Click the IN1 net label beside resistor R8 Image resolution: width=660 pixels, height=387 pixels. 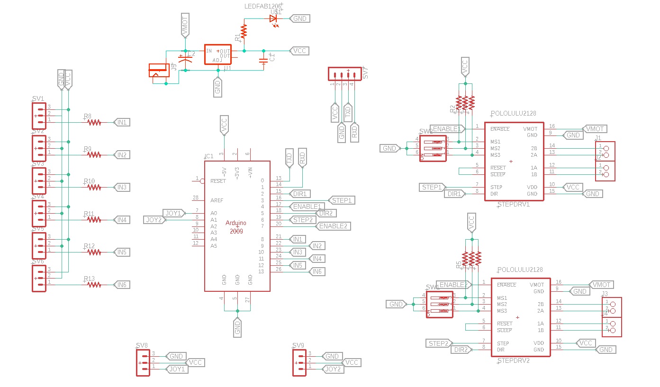122,122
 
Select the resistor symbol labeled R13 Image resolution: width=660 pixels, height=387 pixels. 94,285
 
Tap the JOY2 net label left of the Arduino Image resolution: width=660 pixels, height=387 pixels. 154,220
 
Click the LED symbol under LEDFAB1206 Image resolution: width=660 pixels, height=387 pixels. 273,19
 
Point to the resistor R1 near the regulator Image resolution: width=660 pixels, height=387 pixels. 244,31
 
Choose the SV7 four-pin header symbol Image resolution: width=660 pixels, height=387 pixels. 342,74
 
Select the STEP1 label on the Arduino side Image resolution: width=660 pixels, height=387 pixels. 341,200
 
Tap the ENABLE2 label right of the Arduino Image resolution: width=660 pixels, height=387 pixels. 334,226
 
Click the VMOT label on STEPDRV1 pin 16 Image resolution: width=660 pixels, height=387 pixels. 595,128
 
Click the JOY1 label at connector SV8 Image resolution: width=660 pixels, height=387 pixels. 177,369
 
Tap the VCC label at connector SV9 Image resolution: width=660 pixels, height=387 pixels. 351,362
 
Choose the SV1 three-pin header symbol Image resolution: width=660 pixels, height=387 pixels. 39,116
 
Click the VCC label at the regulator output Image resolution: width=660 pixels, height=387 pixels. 299,51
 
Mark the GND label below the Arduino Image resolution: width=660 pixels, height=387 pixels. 237,327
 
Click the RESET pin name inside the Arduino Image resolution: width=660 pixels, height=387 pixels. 218,181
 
